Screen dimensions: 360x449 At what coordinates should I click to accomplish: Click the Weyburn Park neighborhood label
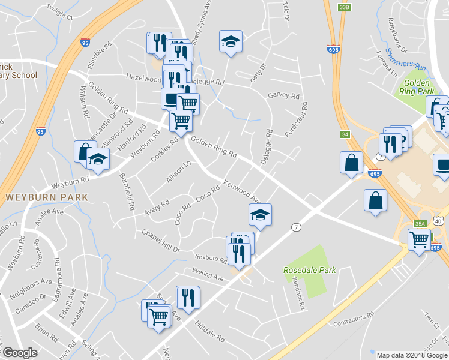tap(46, 197)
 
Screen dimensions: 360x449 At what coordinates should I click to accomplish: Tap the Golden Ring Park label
tap(417, 88)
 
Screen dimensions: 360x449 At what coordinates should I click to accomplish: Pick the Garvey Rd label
tap(283, 95)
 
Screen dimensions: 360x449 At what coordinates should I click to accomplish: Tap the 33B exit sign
tap(343, 7)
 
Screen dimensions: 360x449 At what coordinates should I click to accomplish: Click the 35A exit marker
tap(419, 224)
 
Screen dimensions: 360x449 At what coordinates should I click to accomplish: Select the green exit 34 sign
tap(345, 134)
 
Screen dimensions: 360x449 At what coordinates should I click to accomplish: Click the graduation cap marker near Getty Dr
tap(229, 42)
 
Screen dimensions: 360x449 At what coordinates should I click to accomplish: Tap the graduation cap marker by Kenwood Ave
tap(260, 214)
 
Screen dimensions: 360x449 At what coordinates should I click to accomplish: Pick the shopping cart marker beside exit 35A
tap(418, 239)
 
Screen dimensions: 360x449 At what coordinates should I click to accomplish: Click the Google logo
tap(20, 353)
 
